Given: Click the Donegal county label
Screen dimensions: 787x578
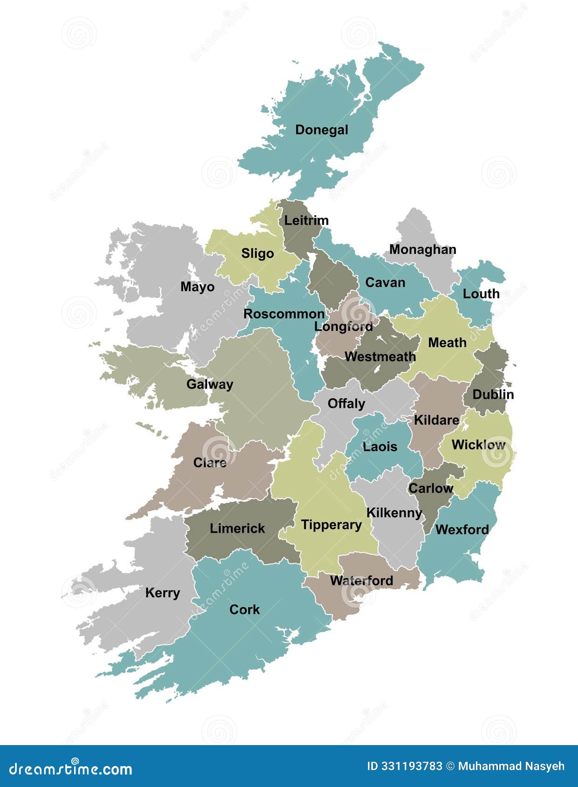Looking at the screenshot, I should [321, 130].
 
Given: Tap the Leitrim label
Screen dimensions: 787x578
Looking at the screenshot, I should [306, 220].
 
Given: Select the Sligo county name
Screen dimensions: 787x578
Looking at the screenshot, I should [257, 254].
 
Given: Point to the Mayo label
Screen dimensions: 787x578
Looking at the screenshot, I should [197, 287].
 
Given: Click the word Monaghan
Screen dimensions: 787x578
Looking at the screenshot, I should [422, 250].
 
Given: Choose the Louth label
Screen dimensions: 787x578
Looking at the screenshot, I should [481, 294].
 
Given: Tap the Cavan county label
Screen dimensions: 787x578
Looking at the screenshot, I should [385, 283].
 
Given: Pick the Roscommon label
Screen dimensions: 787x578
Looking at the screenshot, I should [284, 314].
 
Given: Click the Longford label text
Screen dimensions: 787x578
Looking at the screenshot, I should [343, 326].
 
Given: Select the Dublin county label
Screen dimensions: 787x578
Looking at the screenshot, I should [493, 394].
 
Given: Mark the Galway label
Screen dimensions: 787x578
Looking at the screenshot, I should [210, 385].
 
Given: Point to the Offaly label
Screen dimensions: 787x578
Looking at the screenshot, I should [346, 403].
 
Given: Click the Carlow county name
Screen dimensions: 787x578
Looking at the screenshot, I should [430, 488].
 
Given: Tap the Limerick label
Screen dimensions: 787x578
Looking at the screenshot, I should [237, 529].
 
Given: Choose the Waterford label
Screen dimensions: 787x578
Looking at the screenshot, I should [361, 581].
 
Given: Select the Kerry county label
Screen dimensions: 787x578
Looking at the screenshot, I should [162, 593].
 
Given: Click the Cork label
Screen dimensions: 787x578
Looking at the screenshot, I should [244, 610].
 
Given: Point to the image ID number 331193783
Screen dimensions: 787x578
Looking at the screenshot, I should [404, 766].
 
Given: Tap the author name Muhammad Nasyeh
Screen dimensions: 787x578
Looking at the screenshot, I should [511, 766].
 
